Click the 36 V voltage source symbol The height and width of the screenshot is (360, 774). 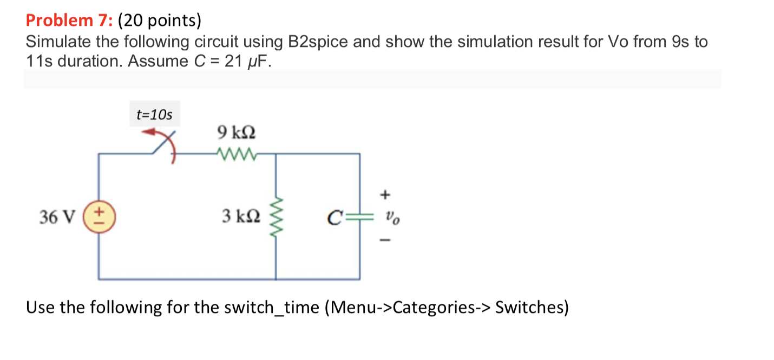[x=98, y=217]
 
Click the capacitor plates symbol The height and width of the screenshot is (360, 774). [x=359, y=217]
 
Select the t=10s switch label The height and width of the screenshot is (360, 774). [x=154, y=115]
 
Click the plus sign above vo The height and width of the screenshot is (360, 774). [x=386, y=193]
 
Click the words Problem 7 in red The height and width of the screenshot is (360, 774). [x=68, y=21]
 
